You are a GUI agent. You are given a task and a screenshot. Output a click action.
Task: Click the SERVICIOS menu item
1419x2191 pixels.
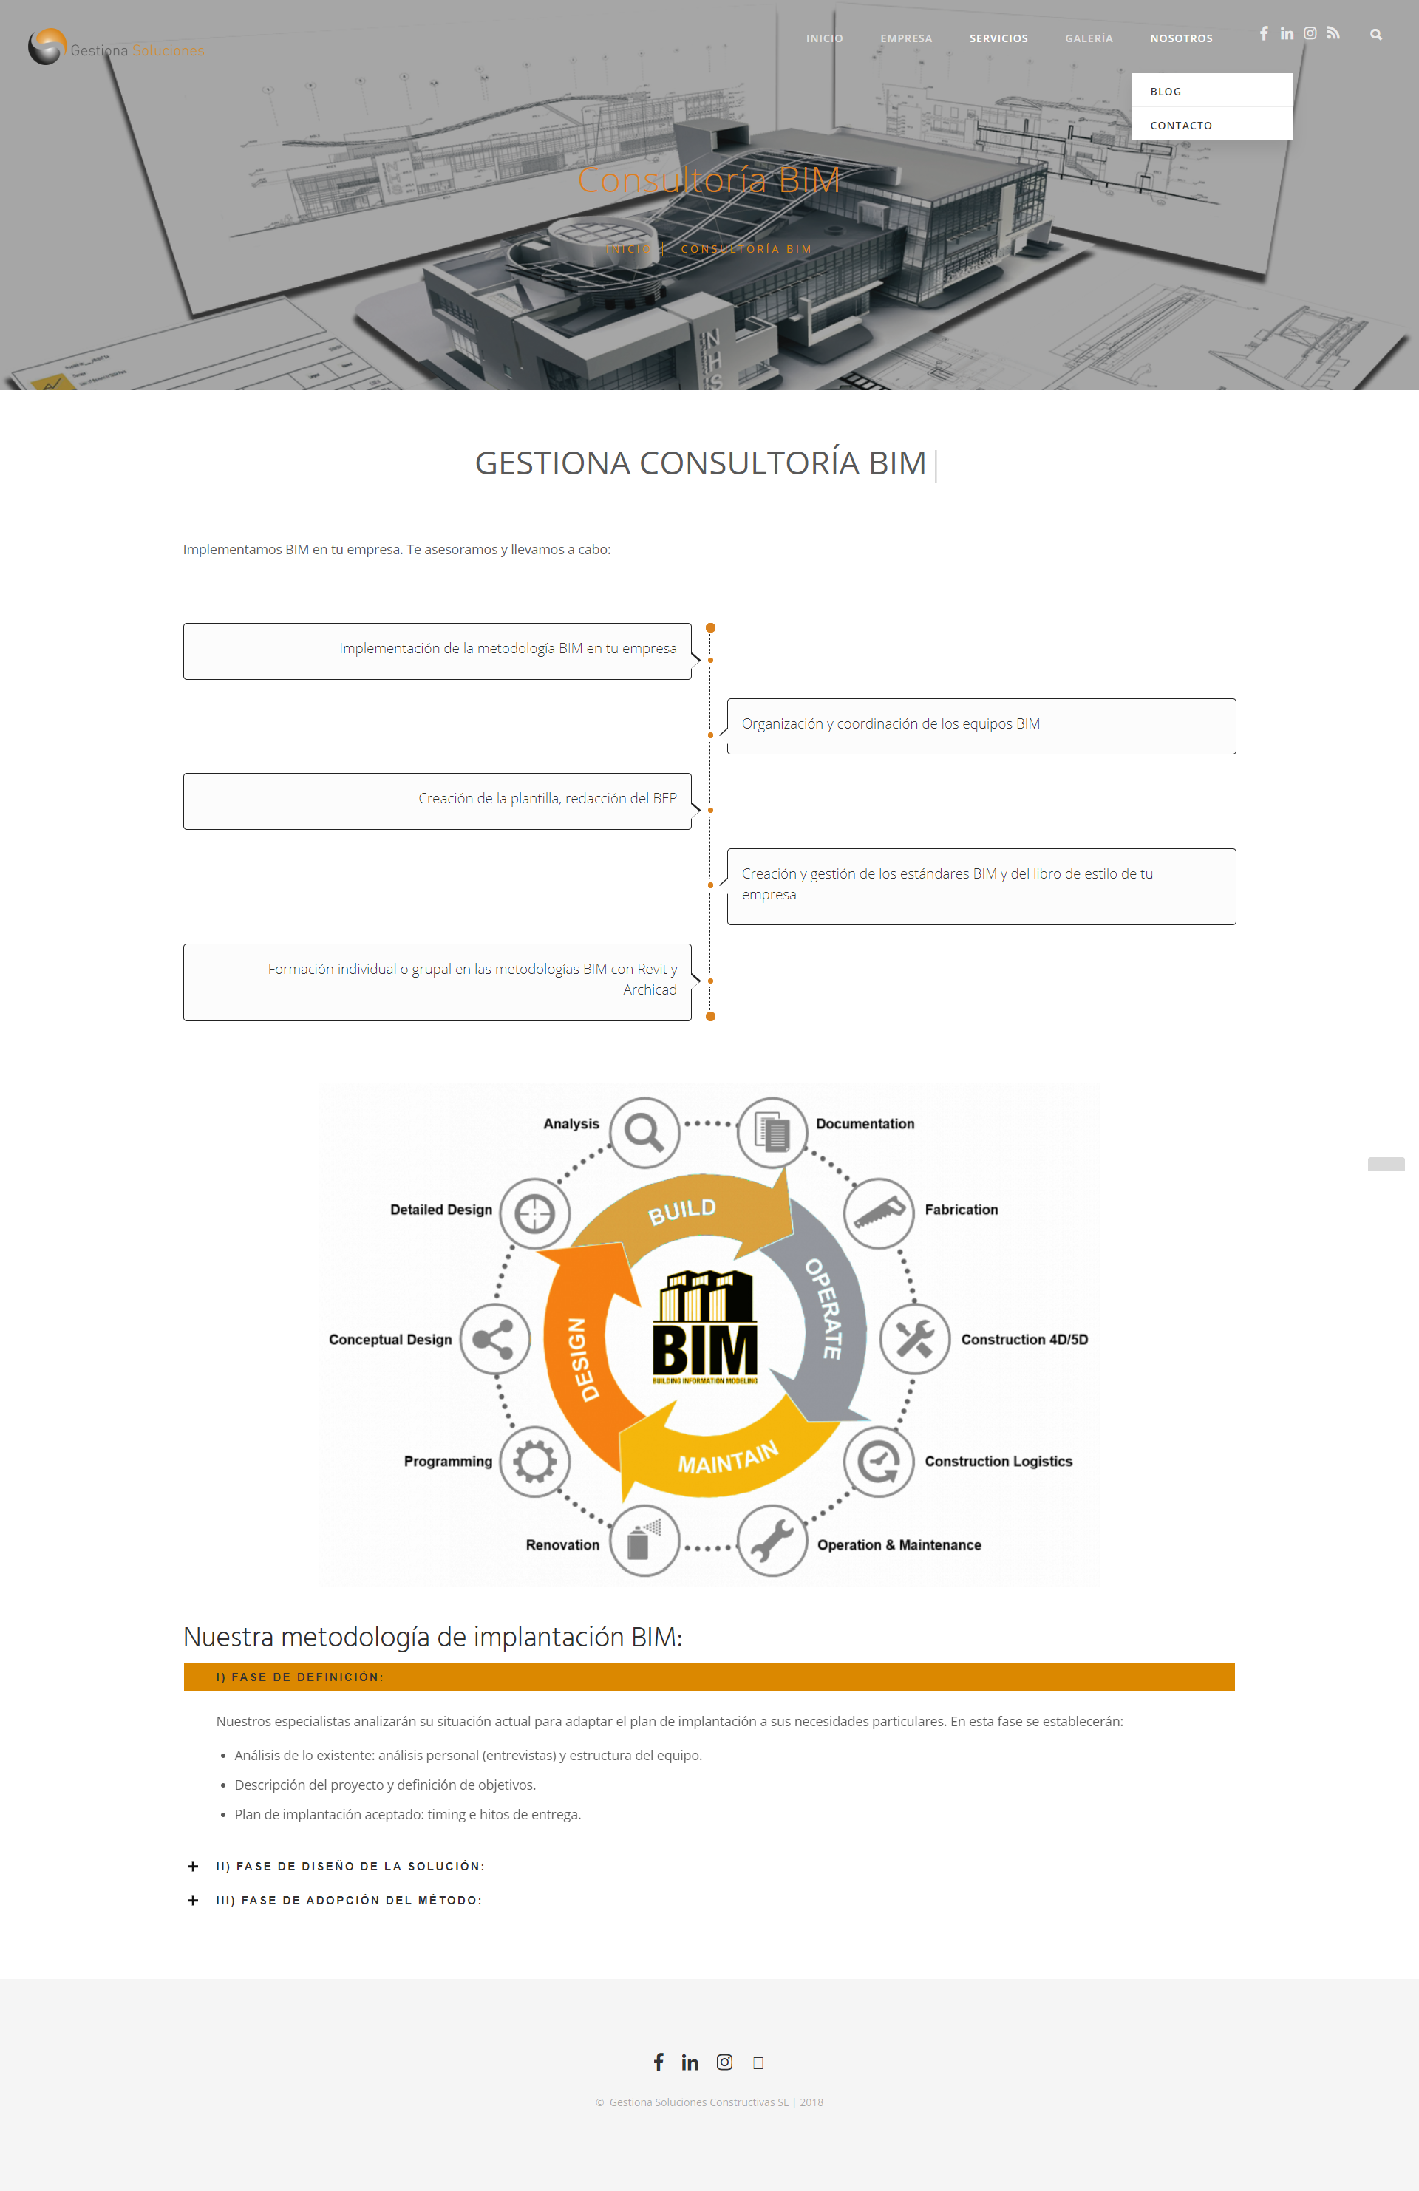998,38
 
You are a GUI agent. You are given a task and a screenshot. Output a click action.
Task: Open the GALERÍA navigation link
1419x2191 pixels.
1089,38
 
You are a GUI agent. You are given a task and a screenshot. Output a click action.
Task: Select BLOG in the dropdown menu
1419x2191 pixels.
1166,91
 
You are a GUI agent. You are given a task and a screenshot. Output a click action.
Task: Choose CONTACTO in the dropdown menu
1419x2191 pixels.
1180,125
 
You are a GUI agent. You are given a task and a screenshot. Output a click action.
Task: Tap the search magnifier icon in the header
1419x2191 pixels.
1375,35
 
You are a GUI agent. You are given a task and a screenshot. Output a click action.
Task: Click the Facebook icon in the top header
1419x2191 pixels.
1263,33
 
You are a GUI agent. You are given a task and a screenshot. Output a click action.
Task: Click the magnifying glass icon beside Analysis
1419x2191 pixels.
644,1131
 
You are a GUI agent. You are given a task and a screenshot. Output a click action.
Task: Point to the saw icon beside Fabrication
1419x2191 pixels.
879,1213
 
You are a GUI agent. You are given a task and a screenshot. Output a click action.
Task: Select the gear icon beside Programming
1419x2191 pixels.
535,1461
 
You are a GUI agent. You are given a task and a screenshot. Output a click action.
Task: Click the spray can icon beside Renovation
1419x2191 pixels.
644,1541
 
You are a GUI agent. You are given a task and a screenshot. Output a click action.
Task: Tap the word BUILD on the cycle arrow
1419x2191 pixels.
681,1210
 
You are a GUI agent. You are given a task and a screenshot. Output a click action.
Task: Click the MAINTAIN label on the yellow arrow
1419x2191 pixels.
727,1456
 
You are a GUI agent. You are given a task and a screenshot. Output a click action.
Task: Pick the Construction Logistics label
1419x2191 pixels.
998,1461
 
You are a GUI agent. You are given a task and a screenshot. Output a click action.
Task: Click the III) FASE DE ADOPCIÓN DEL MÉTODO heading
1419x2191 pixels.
349,1900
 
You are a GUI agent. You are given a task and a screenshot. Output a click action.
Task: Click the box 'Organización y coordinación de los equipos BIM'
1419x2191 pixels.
981,726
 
